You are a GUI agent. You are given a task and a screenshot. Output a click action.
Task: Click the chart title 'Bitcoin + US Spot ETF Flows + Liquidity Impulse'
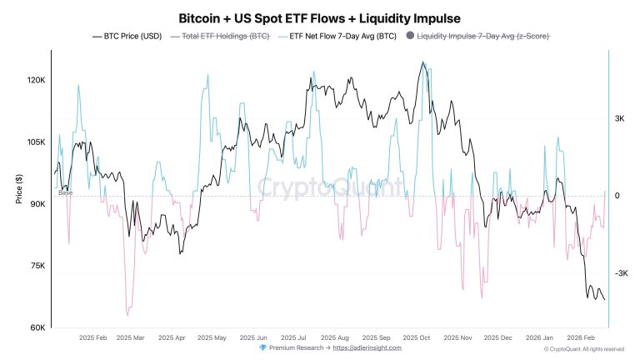(x=320, y=17)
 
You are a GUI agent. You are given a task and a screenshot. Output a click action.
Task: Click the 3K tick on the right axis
(x=620, y=119)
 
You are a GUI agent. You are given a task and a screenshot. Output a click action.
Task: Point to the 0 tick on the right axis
(x=617, y=197)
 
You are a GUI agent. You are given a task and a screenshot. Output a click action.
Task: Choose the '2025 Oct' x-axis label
(x=413, y=337)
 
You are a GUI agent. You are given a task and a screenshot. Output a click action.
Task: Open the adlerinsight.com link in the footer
(x=367, y=347)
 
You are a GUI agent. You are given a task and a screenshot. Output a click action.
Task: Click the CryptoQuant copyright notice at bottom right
(x=584, y=349)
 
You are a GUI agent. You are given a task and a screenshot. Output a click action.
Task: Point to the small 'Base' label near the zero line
(x=65, y=192)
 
